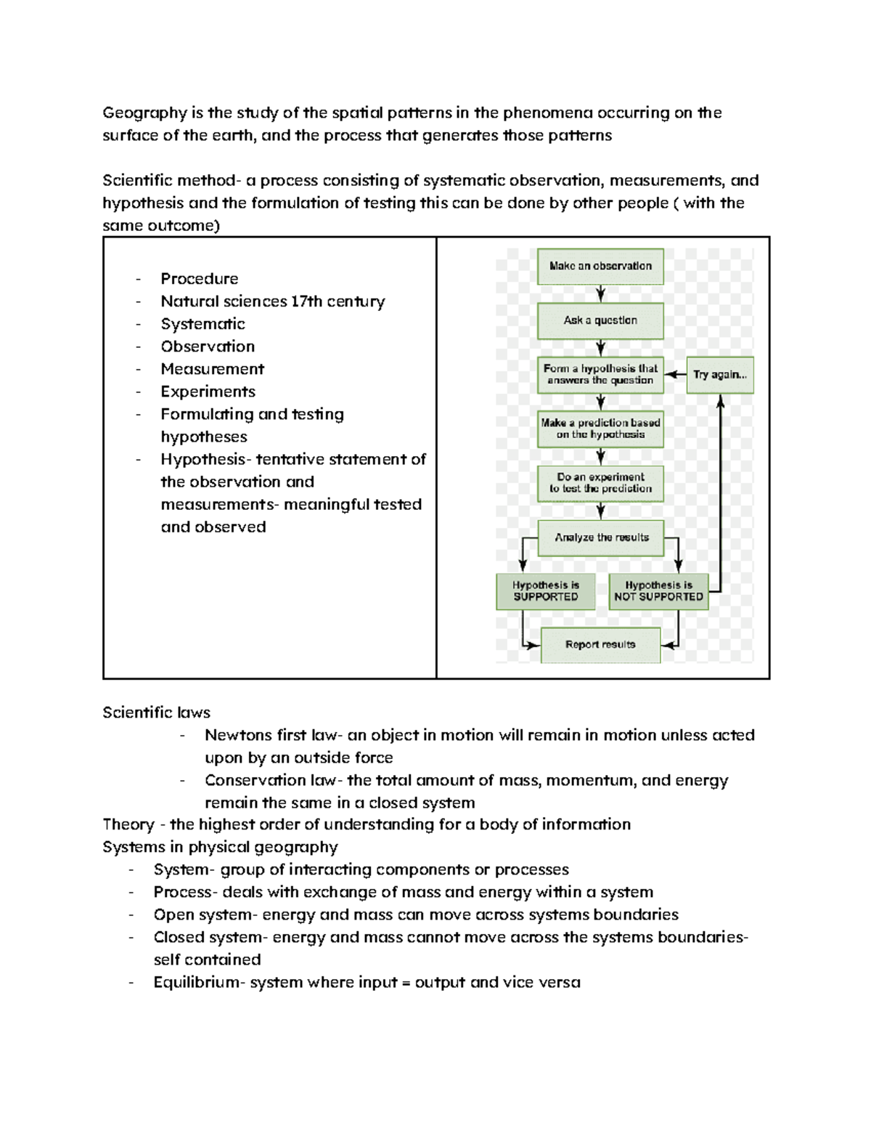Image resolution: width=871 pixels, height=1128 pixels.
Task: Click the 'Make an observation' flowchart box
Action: [600, 267]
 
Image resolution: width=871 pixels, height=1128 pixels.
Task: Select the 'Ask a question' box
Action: [600, 320]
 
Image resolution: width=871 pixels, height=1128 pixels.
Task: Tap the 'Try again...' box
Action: [719, 375]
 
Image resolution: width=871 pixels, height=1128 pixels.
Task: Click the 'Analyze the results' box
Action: [601, 537]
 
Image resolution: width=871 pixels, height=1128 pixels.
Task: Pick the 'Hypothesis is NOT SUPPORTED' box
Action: [658, 591]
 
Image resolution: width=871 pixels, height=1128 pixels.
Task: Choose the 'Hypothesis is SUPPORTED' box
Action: [546, 591]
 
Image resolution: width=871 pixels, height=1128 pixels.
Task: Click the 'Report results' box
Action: [600, 645]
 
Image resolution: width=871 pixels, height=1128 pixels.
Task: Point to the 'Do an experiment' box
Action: [600, 483]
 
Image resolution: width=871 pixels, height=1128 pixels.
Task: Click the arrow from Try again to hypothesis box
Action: [675, 375]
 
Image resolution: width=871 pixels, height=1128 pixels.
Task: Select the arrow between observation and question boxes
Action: [601, 293]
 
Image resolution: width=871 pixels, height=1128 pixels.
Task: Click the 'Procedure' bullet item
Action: [200, 279]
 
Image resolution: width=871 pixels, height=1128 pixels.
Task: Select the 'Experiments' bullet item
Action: [208, 391]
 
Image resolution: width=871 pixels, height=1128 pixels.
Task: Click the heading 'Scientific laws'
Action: [156, 713]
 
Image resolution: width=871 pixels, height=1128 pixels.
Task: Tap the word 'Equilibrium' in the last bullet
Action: [198, 983]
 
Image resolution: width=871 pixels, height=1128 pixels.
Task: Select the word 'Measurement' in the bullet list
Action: [213, 369]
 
